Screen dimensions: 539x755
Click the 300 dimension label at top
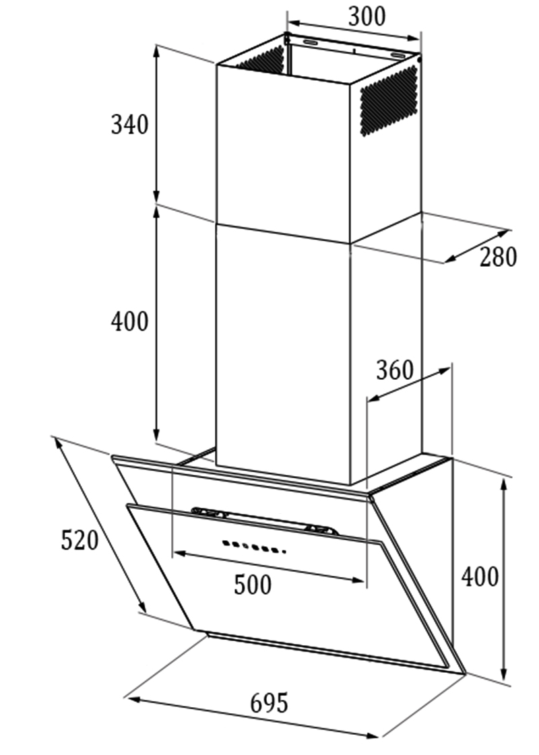367,16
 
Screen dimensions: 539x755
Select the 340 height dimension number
129,124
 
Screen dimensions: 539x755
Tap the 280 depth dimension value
498,257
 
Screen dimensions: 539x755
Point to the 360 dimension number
395,370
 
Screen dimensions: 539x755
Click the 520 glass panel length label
80,539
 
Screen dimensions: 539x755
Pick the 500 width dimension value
253,585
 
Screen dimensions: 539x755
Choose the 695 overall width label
269,702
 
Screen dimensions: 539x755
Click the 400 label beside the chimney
129,321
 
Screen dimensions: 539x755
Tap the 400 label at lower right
480,577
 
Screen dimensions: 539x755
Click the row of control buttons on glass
254,547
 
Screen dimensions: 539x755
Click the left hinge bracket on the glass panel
210,513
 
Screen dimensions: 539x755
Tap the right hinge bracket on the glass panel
321,529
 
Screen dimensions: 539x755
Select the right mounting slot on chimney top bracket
399,55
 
